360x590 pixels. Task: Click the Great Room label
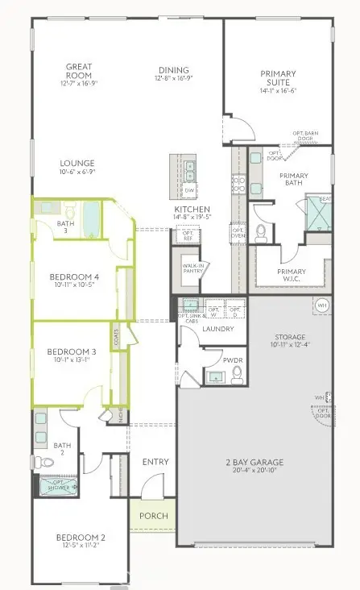(78, 72)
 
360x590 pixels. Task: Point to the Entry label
(155, 462)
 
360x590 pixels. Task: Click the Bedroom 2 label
(80, 538)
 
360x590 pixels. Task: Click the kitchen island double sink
(191, 170)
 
